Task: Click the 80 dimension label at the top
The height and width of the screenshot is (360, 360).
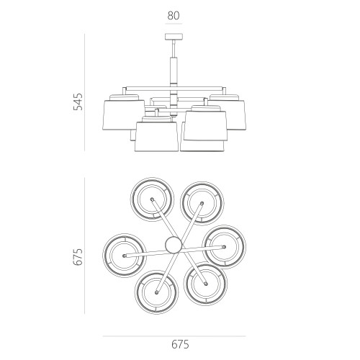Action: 174,16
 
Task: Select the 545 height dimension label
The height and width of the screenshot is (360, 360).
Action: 78,102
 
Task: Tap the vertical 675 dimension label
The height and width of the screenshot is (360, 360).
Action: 78,257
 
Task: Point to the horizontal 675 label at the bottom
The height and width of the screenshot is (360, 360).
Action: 180,345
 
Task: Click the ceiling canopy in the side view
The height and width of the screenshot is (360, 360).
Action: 174,37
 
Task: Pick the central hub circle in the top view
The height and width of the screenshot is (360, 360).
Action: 174,245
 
